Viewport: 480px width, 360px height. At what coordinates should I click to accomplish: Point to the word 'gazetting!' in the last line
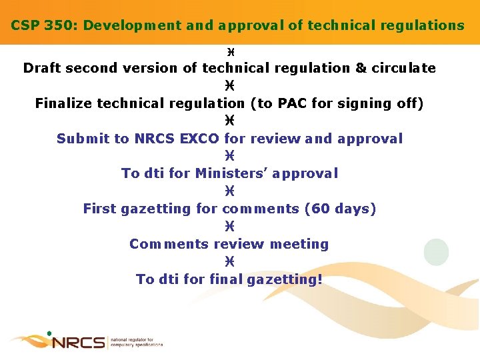[x=284, y=279]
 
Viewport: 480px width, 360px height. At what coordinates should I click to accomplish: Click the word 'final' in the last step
[x=226, y=279]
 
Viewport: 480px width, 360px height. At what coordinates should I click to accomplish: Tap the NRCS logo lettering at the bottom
[x=78, y=343]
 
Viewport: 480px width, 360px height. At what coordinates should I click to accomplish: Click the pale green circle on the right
[x=437, y=251]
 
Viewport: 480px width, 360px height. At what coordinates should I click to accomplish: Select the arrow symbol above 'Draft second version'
[x=229, y=51]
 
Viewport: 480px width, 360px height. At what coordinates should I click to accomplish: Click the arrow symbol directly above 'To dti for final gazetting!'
[x=229, y=262]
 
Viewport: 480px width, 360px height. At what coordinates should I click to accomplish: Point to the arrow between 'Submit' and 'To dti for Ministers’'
[x=229, y=156]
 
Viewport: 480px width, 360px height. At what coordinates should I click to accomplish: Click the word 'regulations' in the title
[x=425, y=25]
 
